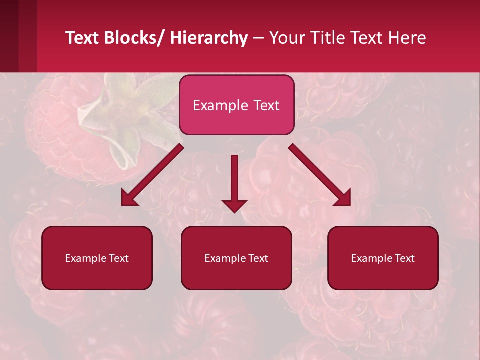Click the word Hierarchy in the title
(209, 38)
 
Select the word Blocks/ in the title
(135, 38)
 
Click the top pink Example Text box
(236, 105)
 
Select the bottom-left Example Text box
(97, 258)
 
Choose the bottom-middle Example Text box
(236, 258)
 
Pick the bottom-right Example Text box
(383, 258)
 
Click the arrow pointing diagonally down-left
(152, 175)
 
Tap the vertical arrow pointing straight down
(235, 182)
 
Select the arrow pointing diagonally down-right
(320, 175)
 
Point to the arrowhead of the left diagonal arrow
(128, 199)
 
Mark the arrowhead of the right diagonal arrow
(344, 198)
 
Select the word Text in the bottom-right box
(404, 258)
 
